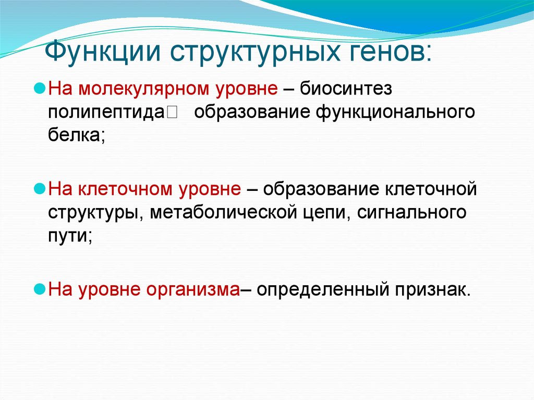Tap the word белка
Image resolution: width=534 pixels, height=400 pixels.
[x=74, y=137]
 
